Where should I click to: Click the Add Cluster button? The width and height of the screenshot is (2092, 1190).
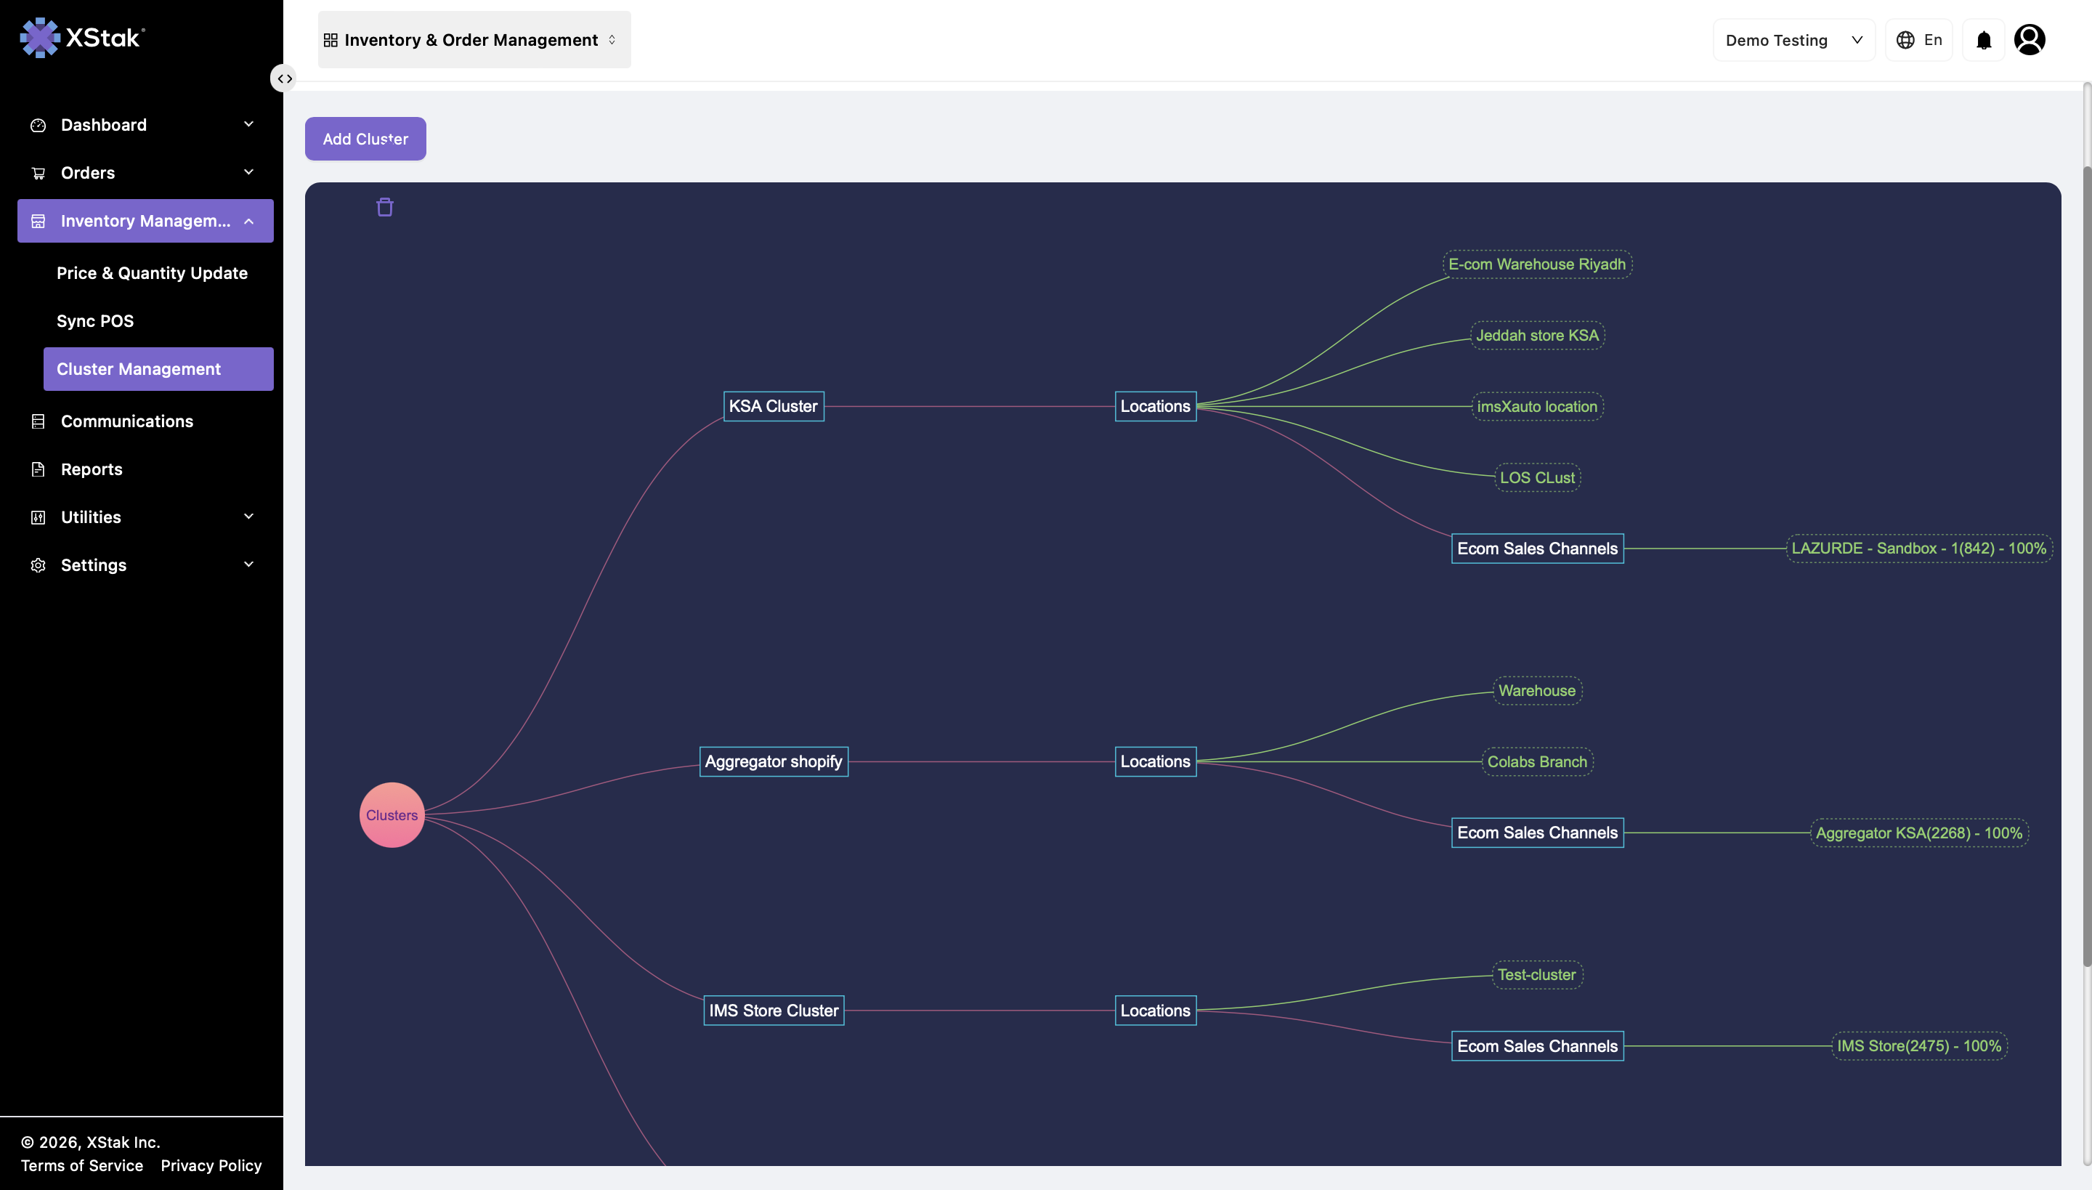pos(365,139)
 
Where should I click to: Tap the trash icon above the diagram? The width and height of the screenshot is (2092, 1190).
pos(385,208)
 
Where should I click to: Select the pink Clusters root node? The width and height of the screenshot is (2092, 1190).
pos(392,815)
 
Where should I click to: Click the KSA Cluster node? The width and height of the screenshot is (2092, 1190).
pos(773,406)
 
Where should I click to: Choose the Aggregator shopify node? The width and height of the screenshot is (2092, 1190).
pos(774,761)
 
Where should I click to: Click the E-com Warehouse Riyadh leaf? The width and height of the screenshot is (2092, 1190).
pos(1537,264)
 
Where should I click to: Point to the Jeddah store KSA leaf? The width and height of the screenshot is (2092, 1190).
pos(1537,335)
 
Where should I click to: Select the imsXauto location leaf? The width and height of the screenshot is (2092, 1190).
pos(1537,406)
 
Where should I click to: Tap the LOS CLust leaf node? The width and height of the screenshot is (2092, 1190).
pos(1537,477)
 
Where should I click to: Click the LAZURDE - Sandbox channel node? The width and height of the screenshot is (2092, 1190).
pos(1919,549)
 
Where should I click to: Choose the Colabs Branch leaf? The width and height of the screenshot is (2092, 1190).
pos(1537,761)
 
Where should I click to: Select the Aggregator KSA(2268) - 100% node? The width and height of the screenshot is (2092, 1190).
pos(1919,833)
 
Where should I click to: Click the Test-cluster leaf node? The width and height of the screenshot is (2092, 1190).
pos(1537,975)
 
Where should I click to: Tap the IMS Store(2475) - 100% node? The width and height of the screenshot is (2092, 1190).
pos(1919,1046)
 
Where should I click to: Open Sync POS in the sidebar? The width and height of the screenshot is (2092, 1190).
pos(94,321)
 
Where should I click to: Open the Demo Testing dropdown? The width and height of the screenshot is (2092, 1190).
pos(1793,40)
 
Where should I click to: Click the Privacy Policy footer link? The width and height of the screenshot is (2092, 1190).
pos(211,1165)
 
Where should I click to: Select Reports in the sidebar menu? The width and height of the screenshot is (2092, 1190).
pos(92,469)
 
